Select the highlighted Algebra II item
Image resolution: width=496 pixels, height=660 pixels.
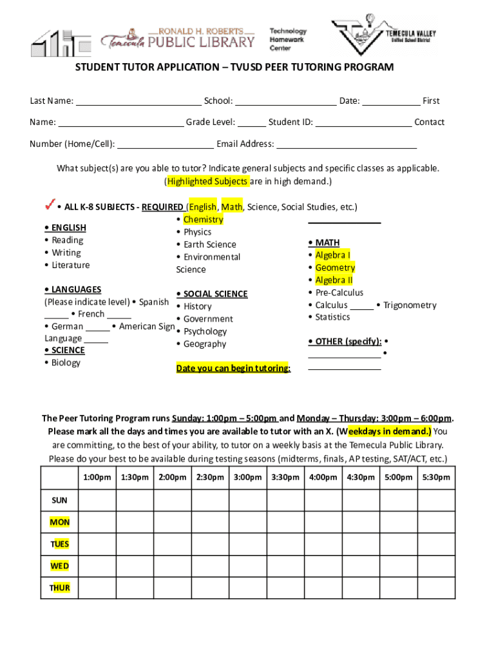tap(334, 280)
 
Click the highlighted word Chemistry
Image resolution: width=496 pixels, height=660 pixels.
tap(203, 219)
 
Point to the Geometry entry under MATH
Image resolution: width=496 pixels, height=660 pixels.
tap(335, 267)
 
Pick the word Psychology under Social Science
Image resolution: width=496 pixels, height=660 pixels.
tap(205, 331)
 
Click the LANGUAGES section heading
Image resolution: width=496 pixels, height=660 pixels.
tap(73, 289)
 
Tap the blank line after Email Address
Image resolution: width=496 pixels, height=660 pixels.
tap(346, 144)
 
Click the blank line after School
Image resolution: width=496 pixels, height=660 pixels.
tap(285, 101)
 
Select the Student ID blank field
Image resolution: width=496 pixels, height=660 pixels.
tap(363, 122)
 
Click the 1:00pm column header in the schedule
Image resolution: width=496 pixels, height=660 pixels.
tap(97, 478)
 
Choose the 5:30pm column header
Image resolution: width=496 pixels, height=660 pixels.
tap(435, 478)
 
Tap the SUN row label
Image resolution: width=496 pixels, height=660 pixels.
tap(59, 500)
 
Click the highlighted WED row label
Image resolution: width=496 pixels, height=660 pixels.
tap(60, 566)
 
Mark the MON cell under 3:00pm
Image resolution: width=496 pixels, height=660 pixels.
tap(248, 522)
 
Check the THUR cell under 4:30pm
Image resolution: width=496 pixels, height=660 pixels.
tap(360, 588)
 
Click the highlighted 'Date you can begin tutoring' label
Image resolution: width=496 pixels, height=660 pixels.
tap(233, 368)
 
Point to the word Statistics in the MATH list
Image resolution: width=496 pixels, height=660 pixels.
tap(332, 316)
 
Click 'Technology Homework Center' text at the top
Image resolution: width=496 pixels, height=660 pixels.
tap(288, 39)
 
